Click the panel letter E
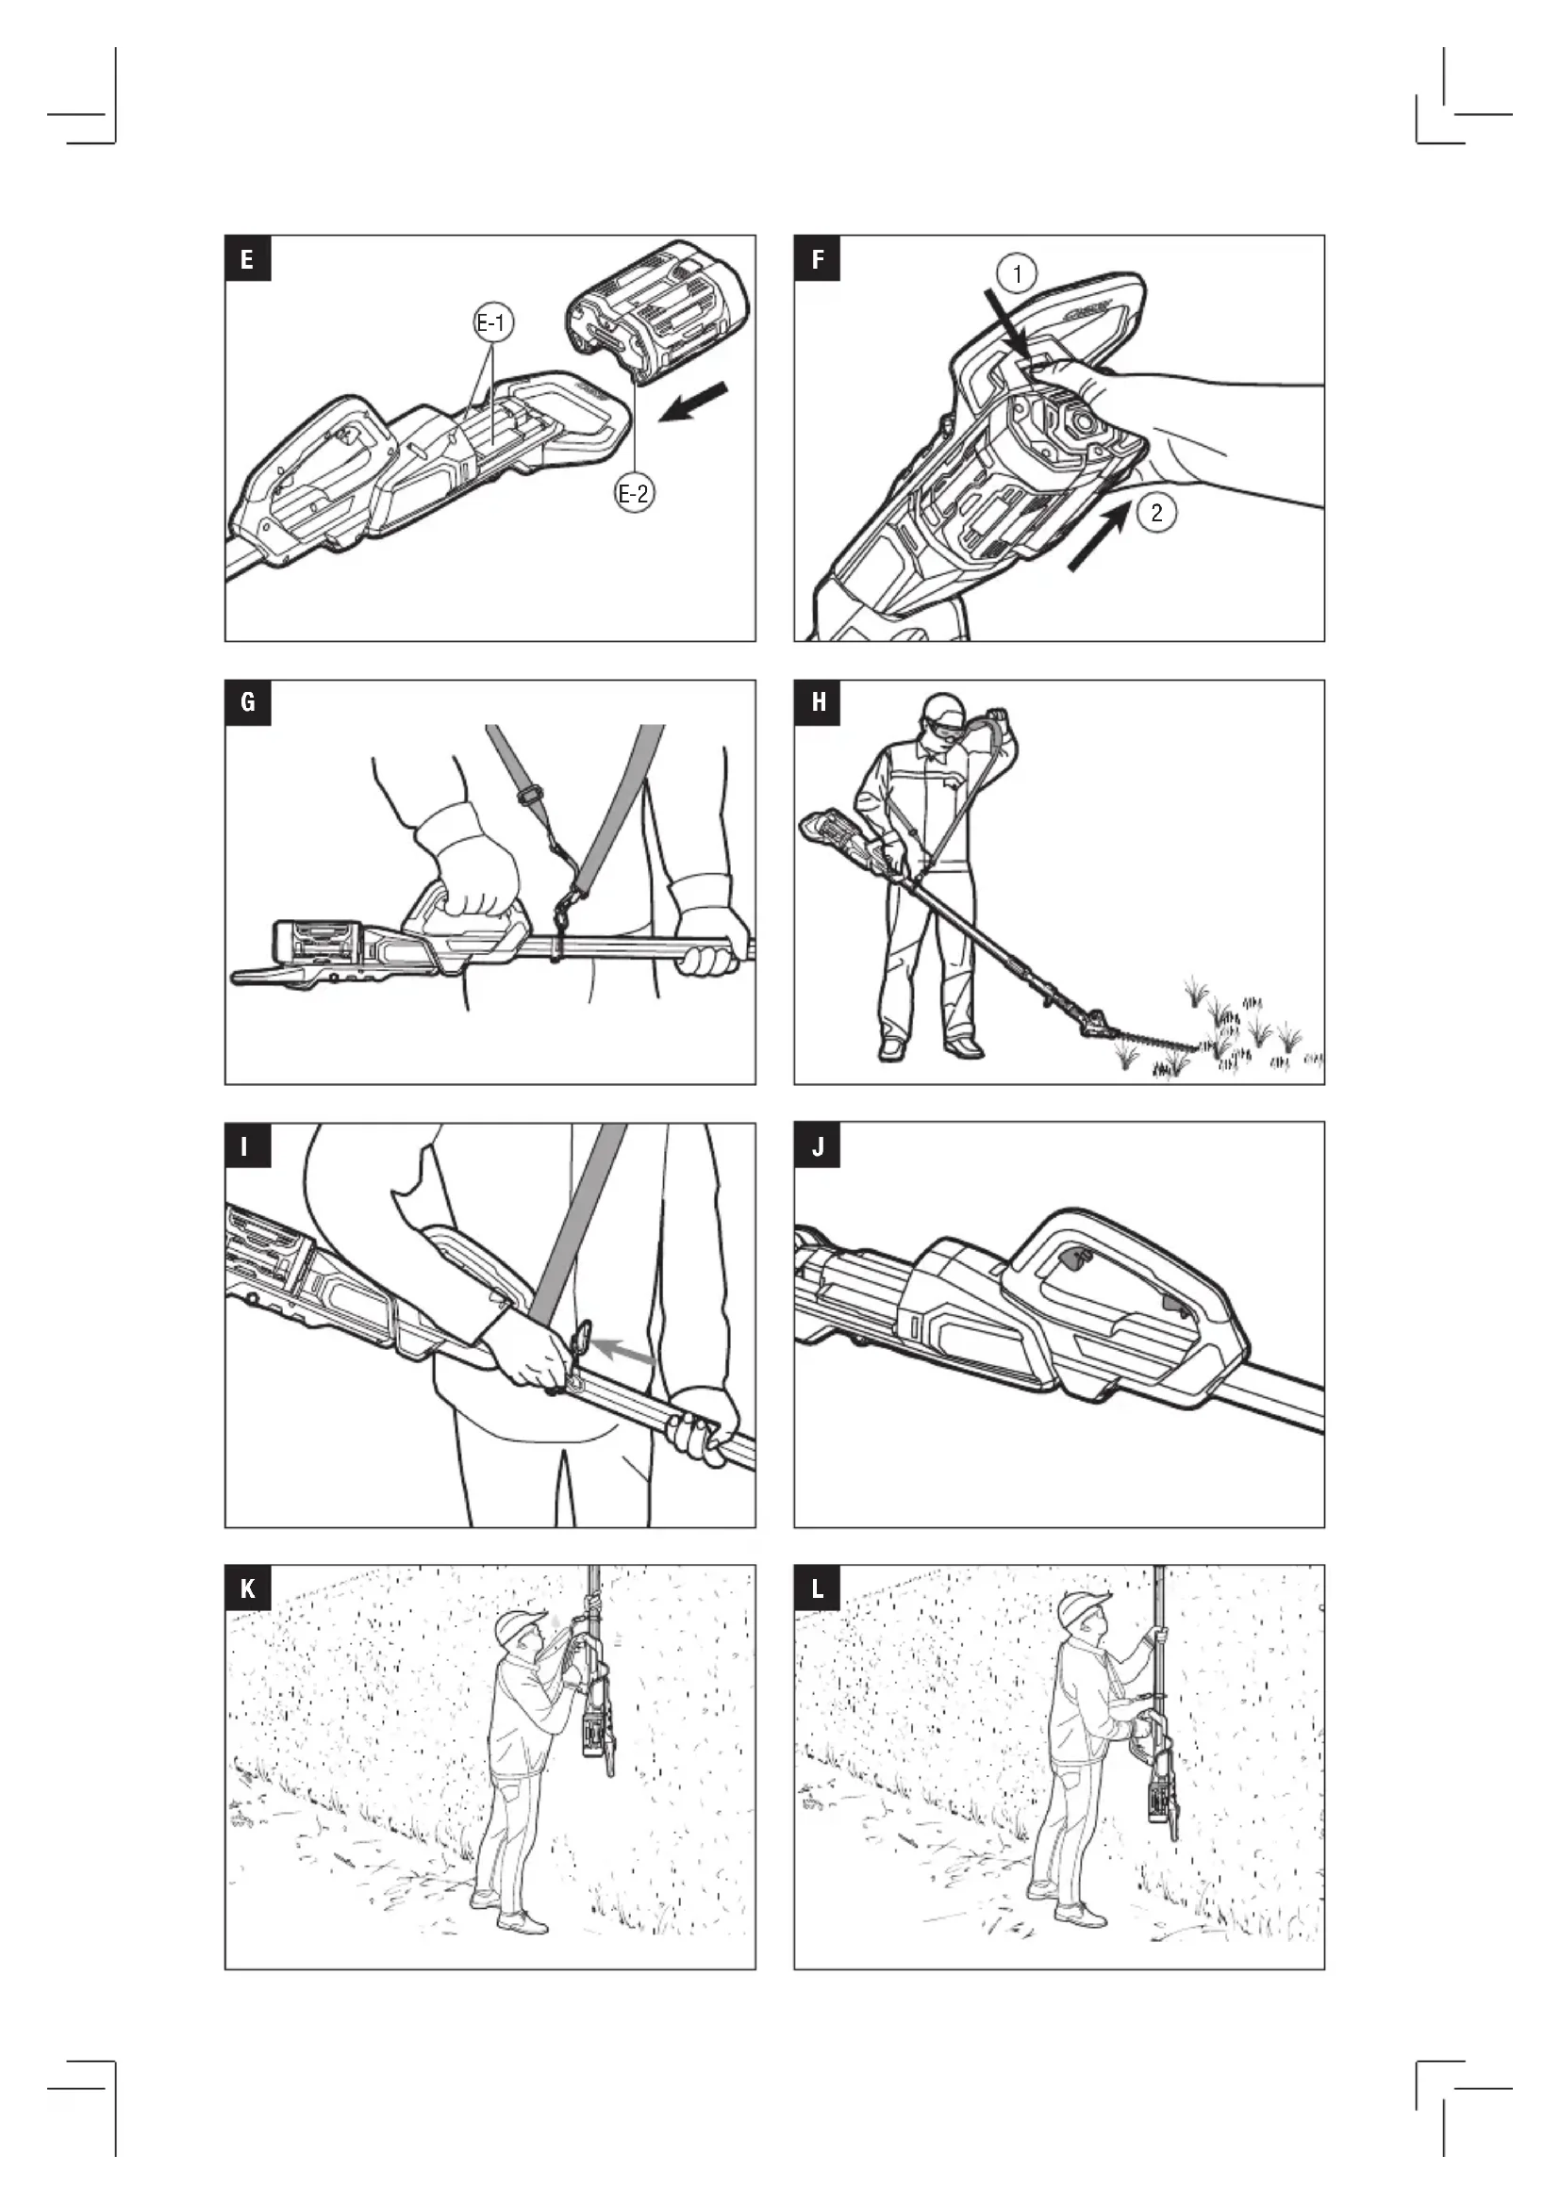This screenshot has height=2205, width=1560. pyautogui.click(x=248, y=258)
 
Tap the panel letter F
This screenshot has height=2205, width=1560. pyautogui.click(x=818, y=258)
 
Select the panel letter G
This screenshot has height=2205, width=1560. pyautogui.click(x=248, y=703)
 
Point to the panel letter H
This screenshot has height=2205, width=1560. pyautogui.click(x=818, y=703)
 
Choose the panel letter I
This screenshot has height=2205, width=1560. pyautogui.click(x=248, y=1146)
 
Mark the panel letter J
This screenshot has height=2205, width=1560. pyautogui.click(x=818, y=1146)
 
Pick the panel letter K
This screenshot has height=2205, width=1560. pyautogui.click(x=248, y=1589)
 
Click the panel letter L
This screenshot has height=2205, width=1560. pyautogui.click(x=818, y=1589)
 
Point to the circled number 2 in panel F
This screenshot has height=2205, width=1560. pyautogui.click(x=1155, y=512)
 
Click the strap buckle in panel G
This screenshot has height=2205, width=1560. pyautogui.click(x=527, y=797)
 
